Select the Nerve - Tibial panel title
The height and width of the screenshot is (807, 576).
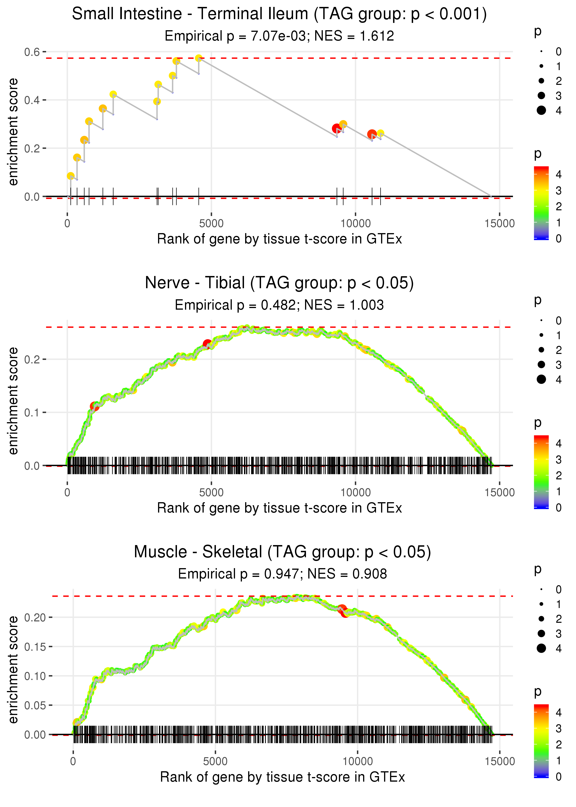(279, 283)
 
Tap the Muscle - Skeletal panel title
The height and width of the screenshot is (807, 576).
(282, 552)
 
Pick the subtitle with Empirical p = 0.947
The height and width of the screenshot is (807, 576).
(282, 574)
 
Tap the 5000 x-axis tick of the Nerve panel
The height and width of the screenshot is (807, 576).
(211, 492)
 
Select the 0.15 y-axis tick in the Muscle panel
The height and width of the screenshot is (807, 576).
(35, 647)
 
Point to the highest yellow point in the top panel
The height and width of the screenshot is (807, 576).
(199, 58)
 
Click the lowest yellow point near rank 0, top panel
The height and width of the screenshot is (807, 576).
(71, 176)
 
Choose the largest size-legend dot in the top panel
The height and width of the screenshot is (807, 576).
(541, 110)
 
